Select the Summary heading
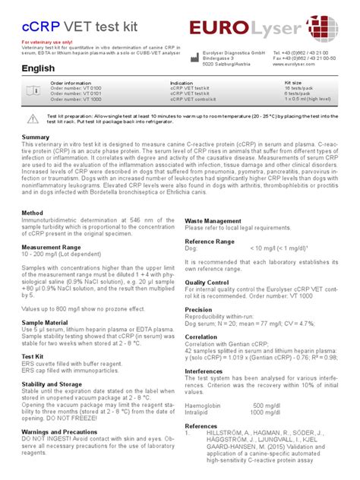click(x=36, y=137)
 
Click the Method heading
click(x=33, y=213)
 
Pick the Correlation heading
click(x=202, y=336)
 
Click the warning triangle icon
click(x=32, y=118)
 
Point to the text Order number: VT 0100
click(x=76, y=88)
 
